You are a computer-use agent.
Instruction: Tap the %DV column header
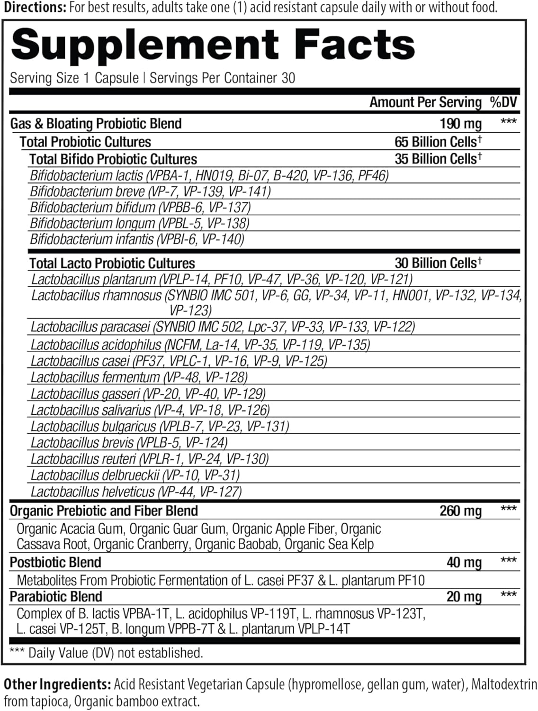click(x=503, y=102)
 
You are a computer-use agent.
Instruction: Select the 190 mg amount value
click(x=460, y=124)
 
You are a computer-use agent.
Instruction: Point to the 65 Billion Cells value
click(x=438, y=141)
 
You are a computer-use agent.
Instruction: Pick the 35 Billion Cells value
click(x=438, y=159)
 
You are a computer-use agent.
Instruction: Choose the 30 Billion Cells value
click(x=438, y=263)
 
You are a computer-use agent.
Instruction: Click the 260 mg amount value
click(x=460, y=511)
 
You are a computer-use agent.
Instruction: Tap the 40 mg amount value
click(x=464, y=563)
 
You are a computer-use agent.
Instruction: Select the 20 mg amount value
click(x=464, y=597)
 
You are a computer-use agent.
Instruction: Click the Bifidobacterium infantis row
click(x=137, y=239)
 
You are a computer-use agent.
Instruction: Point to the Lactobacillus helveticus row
click(x=136, y=492)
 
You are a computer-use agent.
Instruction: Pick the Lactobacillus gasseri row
click(x=148, y=393)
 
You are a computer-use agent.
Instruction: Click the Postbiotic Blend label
click(x=56, y=563)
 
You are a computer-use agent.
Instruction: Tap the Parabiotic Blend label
click(x=56, y=597)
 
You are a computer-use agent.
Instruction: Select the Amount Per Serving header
click(x=425, y=102)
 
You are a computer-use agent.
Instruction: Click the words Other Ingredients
click(x=56, y=684)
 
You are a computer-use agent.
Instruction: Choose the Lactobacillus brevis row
click(x=129, y=443)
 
